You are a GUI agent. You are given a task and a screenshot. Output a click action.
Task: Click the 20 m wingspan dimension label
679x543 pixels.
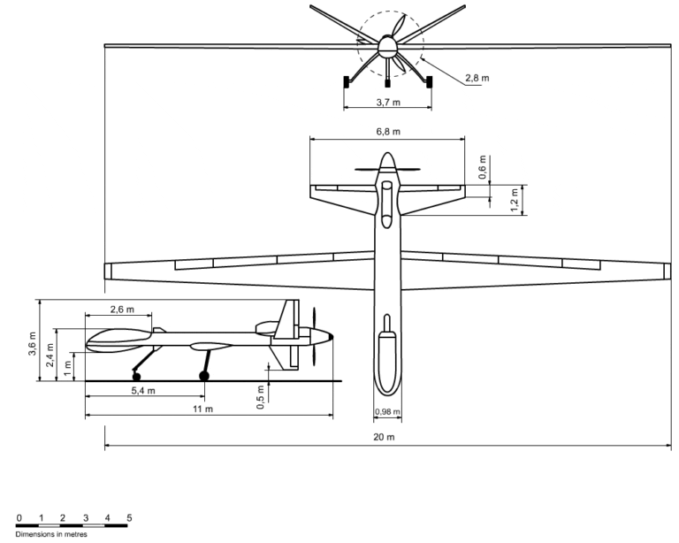coord(384,437)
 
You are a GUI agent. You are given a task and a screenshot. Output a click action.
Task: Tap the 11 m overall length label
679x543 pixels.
coord(202,409)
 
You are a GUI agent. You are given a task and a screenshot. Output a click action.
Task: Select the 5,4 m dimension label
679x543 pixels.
coord(143,391)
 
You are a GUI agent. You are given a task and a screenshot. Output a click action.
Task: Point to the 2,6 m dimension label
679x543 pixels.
coord(122,310)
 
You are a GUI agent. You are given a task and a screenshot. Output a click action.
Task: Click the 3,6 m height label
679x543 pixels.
coord(33,344)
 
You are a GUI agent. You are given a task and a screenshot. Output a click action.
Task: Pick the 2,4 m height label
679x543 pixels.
coord(50,355)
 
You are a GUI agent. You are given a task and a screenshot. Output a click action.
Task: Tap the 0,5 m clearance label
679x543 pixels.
coord(260,397)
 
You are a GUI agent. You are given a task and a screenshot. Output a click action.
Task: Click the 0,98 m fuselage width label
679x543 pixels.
coord(387,411)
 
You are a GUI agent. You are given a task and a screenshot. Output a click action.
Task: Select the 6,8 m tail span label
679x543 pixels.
coord(388,131)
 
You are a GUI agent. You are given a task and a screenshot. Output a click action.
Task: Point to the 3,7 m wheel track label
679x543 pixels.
coord(388,103)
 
